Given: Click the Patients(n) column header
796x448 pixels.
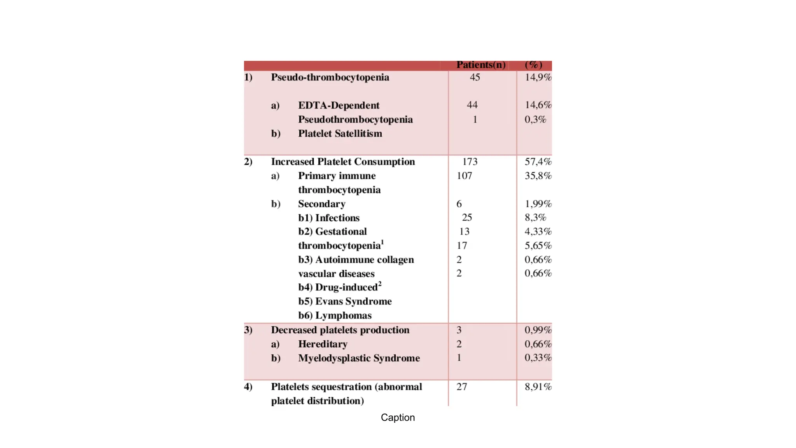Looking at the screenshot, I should click(x=481, y=65).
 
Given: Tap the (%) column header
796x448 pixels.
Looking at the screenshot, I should click(x=533, y=65).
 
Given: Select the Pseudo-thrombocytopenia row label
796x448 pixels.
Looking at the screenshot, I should click(x=330, y=77).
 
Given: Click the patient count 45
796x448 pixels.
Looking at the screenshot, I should click(x=475, y=77).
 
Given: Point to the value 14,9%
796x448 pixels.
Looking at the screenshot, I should click(x=538, y=77).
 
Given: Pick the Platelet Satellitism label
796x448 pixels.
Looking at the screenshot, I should click(x=340, y=134).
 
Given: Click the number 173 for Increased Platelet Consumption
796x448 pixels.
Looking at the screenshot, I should click(x=470, y=162).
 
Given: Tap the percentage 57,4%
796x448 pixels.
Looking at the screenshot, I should click(x=538, y=162).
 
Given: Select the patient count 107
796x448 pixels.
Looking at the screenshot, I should click(x=464, y=176).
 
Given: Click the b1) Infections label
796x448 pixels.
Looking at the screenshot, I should click(x=329, y=218).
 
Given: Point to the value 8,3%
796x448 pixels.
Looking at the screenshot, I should click(x=535, y=218).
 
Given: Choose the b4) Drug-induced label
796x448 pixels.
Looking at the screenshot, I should click(x=339, y=287).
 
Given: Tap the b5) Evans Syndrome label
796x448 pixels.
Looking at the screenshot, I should click(x=345, y=301).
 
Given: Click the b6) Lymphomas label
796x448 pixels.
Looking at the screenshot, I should click(x=335, y=315).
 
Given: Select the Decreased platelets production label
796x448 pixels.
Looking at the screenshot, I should click(x=340, y=330).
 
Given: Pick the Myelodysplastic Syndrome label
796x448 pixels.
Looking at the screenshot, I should click(x=359, y=358).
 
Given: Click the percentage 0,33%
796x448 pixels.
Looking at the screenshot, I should click(x=538, y=358).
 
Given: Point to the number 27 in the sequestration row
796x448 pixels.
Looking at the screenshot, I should click(x=461, y=387).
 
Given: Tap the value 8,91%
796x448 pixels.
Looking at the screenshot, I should click(x=538, y=387).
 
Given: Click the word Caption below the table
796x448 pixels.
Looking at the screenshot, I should click(x=398, y=418).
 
